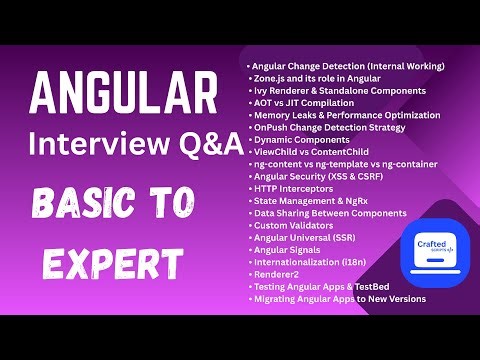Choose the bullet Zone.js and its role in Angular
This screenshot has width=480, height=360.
[319, 78]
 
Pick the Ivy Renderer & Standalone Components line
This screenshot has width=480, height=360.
[338, 91]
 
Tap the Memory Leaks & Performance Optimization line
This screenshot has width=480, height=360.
[345, 116]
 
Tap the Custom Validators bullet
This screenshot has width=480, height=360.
[295, 226]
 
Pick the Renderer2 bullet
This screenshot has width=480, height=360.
[275, 275]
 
